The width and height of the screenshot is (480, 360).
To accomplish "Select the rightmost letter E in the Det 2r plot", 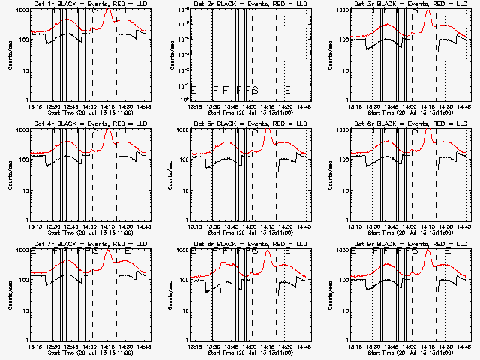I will point(287,90).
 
